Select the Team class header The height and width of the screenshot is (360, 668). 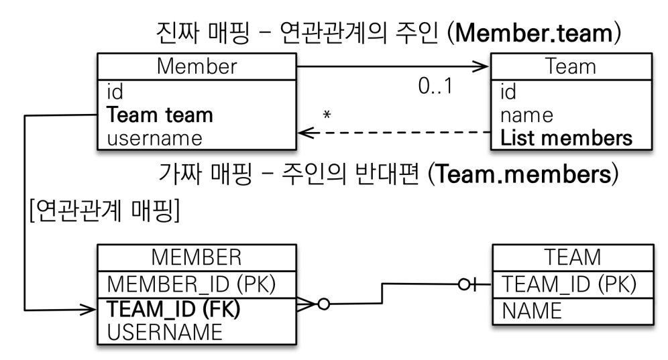pyautogui.click(x=570, y=66)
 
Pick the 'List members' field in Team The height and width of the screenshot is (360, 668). pyautogui.click(x=566, y=138)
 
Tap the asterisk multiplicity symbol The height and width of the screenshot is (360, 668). pyautogui.click(x=327, y=115)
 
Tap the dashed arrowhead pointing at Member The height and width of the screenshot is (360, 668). pyautogui.click(x=305, y=133)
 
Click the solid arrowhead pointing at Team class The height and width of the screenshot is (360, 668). pyautogui.click(x=482, y=66)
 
